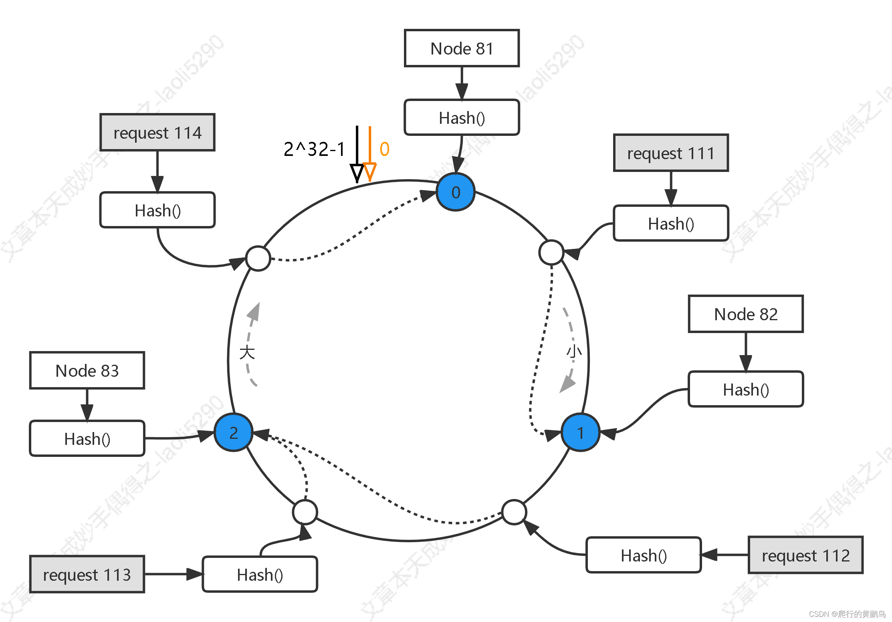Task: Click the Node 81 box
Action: pyautogui.click(x=462, y=48)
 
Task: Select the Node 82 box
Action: pyautogui.click(x=745, y=314)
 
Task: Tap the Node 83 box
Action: pyautogui.click(x=87, y=371)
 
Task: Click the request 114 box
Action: pyautogui.click(x=157, y=133)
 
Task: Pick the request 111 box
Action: pyautogui.click(x=671, y=153)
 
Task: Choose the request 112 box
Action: pyautogui.click(x=805, y=555)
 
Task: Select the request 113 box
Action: pyautogui.click(x=87, y=575)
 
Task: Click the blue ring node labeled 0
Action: pyautogui.click(x=456, y=192)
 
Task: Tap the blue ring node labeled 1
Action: pyautogui.click(x=580, y=432)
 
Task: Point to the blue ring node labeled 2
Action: pyautogui.click(x=234, y=432)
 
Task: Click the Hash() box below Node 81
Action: pyautogui.click(x=462, y=118)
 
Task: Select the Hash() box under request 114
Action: pyautogui.click(x=157, y=210)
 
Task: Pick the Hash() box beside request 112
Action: pyautogui.click(x=644, y=555)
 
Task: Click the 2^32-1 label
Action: pyautogui.click(x=314, y=149)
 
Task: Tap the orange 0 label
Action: pyautogui.click(x=384, y=149)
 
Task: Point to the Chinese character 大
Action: pyautogui.click(x=247, y=352)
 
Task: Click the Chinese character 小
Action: pyautogui.click(x=574, y=351)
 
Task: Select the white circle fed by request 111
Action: pyautogui.click(x=551, y=252)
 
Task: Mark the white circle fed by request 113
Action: pyautogui.click(x=305, y=512)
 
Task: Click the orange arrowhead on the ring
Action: pyautogui.click(x=369, y=171)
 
